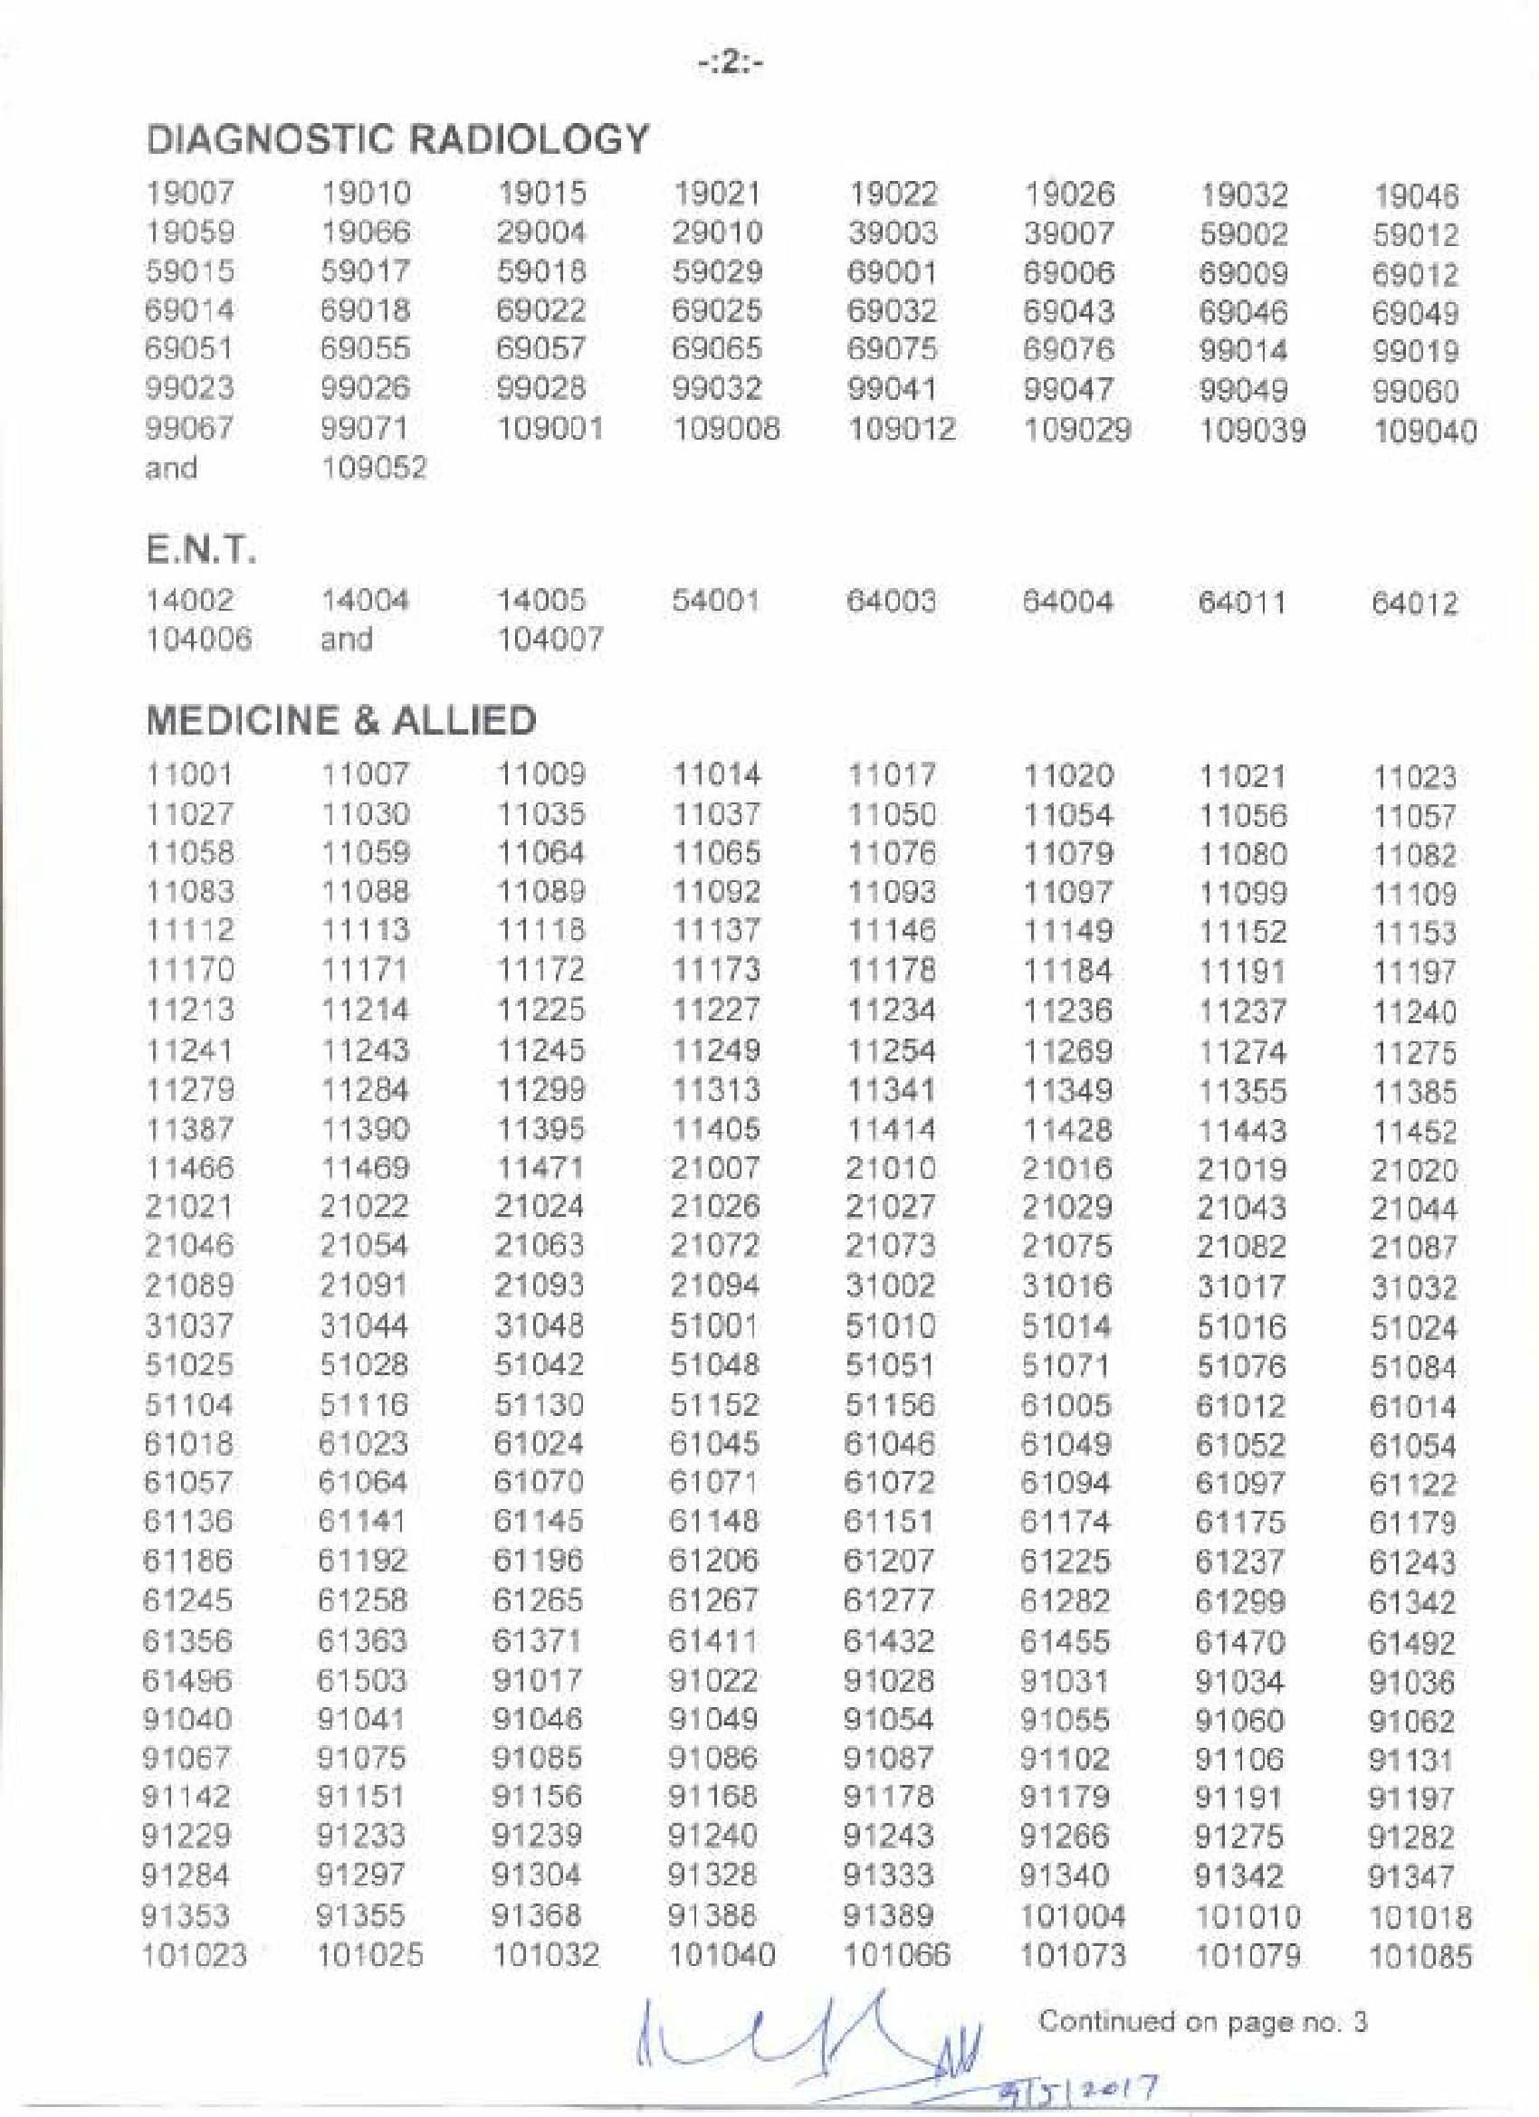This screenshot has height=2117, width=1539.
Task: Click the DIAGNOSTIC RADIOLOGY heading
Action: [397, 140]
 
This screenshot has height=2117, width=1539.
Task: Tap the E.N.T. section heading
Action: [201, 550]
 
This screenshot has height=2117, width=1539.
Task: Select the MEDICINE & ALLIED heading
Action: [341, 721]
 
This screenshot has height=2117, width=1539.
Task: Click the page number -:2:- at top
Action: [731, 63]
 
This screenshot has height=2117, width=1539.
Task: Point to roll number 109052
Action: [374, 468]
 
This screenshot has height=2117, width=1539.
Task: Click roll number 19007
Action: [189, 195]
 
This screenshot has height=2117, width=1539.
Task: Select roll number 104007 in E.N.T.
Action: [550, 641]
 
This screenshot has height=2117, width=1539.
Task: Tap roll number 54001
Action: [715, 601]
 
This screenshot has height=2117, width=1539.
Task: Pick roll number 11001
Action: [189, 774]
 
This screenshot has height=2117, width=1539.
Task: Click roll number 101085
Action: [1420, 1957]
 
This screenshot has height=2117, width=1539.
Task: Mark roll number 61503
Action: [362, 1681]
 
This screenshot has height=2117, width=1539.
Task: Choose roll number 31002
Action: [890, 1286]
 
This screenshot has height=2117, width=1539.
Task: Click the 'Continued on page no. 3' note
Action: [1203, 2022]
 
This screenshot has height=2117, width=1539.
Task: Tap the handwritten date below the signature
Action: [1078, 2087]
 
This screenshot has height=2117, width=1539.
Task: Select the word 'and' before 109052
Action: [171, 468]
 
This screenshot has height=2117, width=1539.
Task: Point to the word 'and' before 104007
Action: [347, 641]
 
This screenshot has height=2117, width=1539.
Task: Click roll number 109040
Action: [1424, 432]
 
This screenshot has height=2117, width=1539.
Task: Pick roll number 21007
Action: [715, 1168]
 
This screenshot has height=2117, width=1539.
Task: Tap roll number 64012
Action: [1414, 604]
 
